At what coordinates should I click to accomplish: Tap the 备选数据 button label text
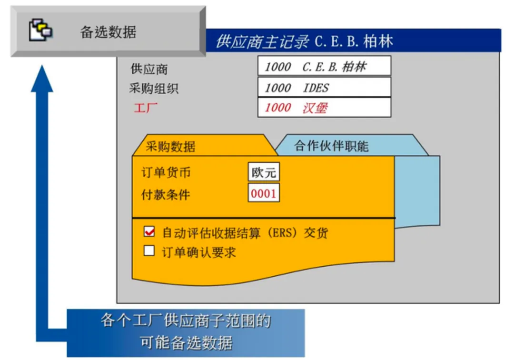(x=109, y=32)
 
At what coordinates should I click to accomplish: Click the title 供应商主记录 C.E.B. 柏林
(x=305, y=41)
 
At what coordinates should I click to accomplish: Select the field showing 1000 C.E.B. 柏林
(x=324, y=66)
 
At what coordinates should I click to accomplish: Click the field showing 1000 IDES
(x=324, y=87)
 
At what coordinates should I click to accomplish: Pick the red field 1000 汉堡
(x=324, y=108)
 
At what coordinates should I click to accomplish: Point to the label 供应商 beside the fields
(x=149, y=69)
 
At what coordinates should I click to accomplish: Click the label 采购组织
(x=154, y=89)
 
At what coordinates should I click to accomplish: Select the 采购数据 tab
(x=170, y=146)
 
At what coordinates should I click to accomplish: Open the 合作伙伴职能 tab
(x=331, y=146)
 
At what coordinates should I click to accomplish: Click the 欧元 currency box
(x=264, y=172)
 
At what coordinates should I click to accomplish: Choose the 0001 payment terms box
(x=264, y=194)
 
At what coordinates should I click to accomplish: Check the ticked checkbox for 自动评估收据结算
(x=149, y=232)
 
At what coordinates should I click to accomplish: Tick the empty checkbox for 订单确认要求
(x=149, y=251)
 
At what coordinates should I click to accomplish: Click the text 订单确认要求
(x=199, y=252)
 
